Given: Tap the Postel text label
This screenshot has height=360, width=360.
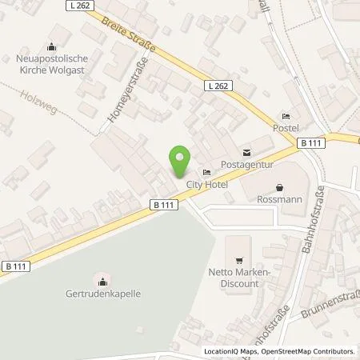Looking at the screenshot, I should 286,129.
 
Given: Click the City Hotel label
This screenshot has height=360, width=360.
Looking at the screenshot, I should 207,185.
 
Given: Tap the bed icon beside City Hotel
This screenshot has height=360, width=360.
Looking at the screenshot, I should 207,173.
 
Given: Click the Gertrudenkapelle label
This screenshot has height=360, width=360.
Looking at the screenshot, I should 103,294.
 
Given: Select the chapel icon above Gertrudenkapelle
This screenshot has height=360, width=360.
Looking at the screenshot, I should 102,280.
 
